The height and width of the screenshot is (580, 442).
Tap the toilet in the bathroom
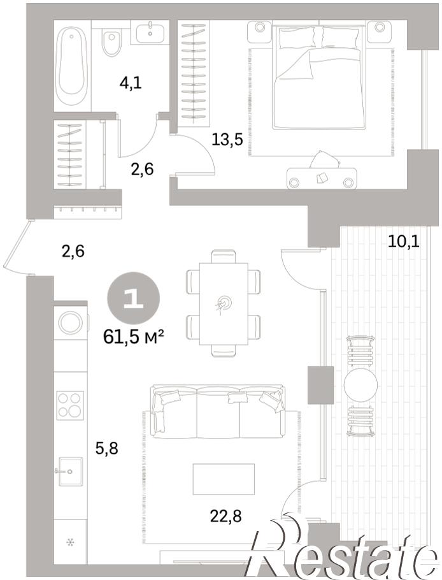(111, 43)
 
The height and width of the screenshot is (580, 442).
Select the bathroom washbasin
(150, 31)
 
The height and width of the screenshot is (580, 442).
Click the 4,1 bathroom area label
(131, 83)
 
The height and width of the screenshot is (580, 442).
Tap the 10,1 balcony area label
(404, 242)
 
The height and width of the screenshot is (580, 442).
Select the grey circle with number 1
(133, 299)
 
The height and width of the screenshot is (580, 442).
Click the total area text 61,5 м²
(134, 337)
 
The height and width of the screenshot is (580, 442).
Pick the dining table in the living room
(224, 303)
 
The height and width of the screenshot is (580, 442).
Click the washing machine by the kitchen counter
(71, 322)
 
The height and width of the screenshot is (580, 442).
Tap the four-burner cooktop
(70, 405)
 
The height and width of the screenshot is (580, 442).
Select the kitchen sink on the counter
(70, 471)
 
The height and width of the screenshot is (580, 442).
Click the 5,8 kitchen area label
(106, 449)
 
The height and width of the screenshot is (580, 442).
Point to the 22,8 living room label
(226, 516)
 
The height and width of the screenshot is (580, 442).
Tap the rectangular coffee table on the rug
(224, 479)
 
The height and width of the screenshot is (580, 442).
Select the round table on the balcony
(360, 385)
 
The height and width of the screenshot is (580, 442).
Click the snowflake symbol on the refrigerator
(70, 542)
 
